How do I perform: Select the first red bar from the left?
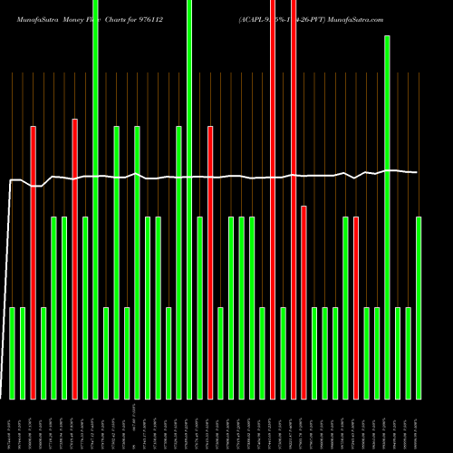click(34, 263)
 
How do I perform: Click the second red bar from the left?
click(75, 258)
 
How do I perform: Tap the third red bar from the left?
click(210, 263)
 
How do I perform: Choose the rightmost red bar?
click(356, 308)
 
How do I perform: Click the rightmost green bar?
click(419, 308)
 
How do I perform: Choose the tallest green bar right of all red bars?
click(388, 217)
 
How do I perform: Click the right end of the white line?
click(417, 172)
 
